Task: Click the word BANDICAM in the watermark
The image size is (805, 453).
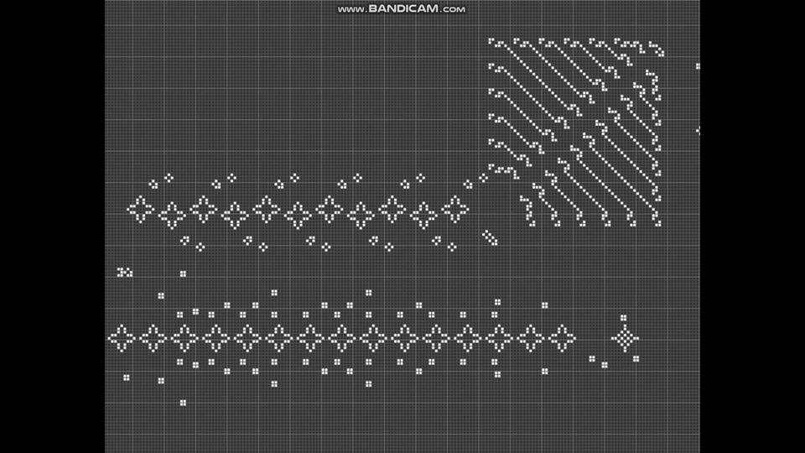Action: tap(403, 8)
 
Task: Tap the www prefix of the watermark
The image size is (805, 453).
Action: tap(351, 9)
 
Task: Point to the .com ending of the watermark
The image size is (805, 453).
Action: tap(453, 9)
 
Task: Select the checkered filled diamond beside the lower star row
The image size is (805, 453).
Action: tap(625, 339)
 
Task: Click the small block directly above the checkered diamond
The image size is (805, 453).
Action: tap(623, 318)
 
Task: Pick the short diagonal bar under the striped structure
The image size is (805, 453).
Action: tap(490, 237)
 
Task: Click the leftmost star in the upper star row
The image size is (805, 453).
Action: tap(140, 210)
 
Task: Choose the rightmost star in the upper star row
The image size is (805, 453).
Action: tap(454, 210)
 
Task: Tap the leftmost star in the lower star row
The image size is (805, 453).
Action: tap(121, 338)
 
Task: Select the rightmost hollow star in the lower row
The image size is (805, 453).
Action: tap(562, 338)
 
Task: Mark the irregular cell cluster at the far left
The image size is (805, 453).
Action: tap(125, 272)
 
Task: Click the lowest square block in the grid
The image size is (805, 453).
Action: tap(183, 403)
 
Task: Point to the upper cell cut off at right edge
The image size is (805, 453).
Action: tap(698, 66)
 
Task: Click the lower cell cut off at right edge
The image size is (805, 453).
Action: tap(698, 131)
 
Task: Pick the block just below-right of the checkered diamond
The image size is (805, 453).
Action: tap(636, 359)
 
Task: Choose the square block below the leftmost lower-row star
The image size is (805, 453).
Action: tap(127, 378)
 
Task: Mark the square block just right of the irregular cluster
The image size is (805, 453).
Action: tap(183, 273)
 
